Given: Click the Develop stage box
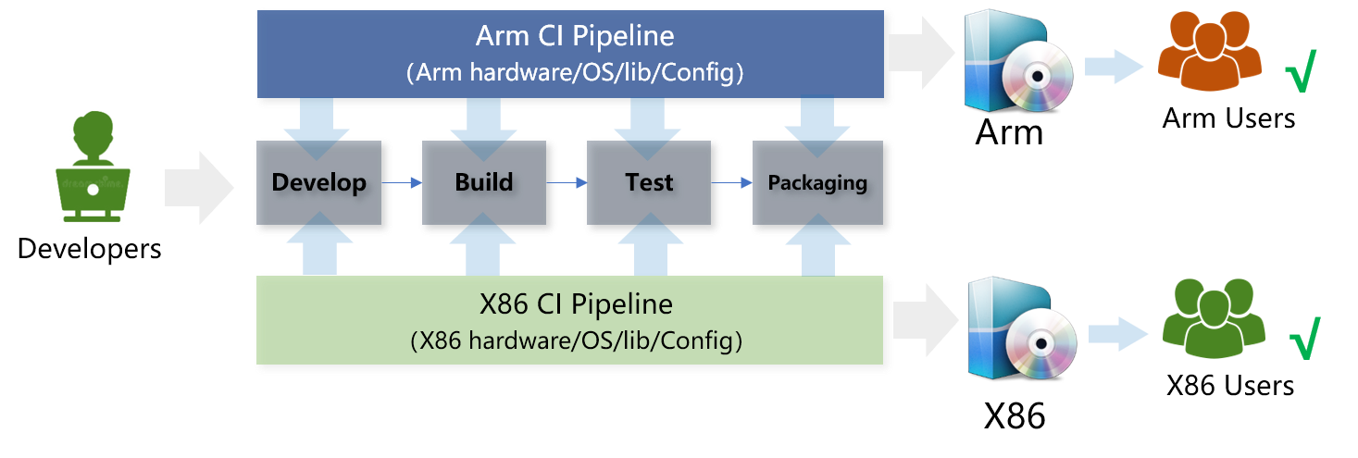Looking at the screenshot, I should pyautogui.click(x=319, y=183).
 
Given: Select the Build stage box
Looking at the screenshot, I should pyautogui.click(x=484, y=183).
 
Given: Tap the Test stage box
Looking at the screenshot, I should pyautogui.click(x=649, y=183).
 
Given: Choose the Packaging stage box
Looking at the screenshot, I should pyautogui.click(x=817, y=183).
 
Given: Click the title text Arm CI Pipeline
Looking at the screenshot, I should pyautogui.click(x=574, y=37).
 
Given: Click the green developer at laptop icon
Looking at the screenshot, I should pyautogui.click(x=93, y=167).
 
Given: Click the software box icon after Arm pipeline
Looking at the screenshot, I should pyautogui.click(x=1015, y=61).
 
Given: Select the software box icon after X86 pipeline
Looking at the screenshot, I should pyautogui.click(x=1019, y=330).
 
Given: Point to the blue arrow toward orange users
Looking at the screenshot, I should pyautogui.click(x=1114, y=66).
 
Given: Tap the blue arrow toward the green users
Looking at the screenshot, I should pyautogui.click(x=1117, y=333).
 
